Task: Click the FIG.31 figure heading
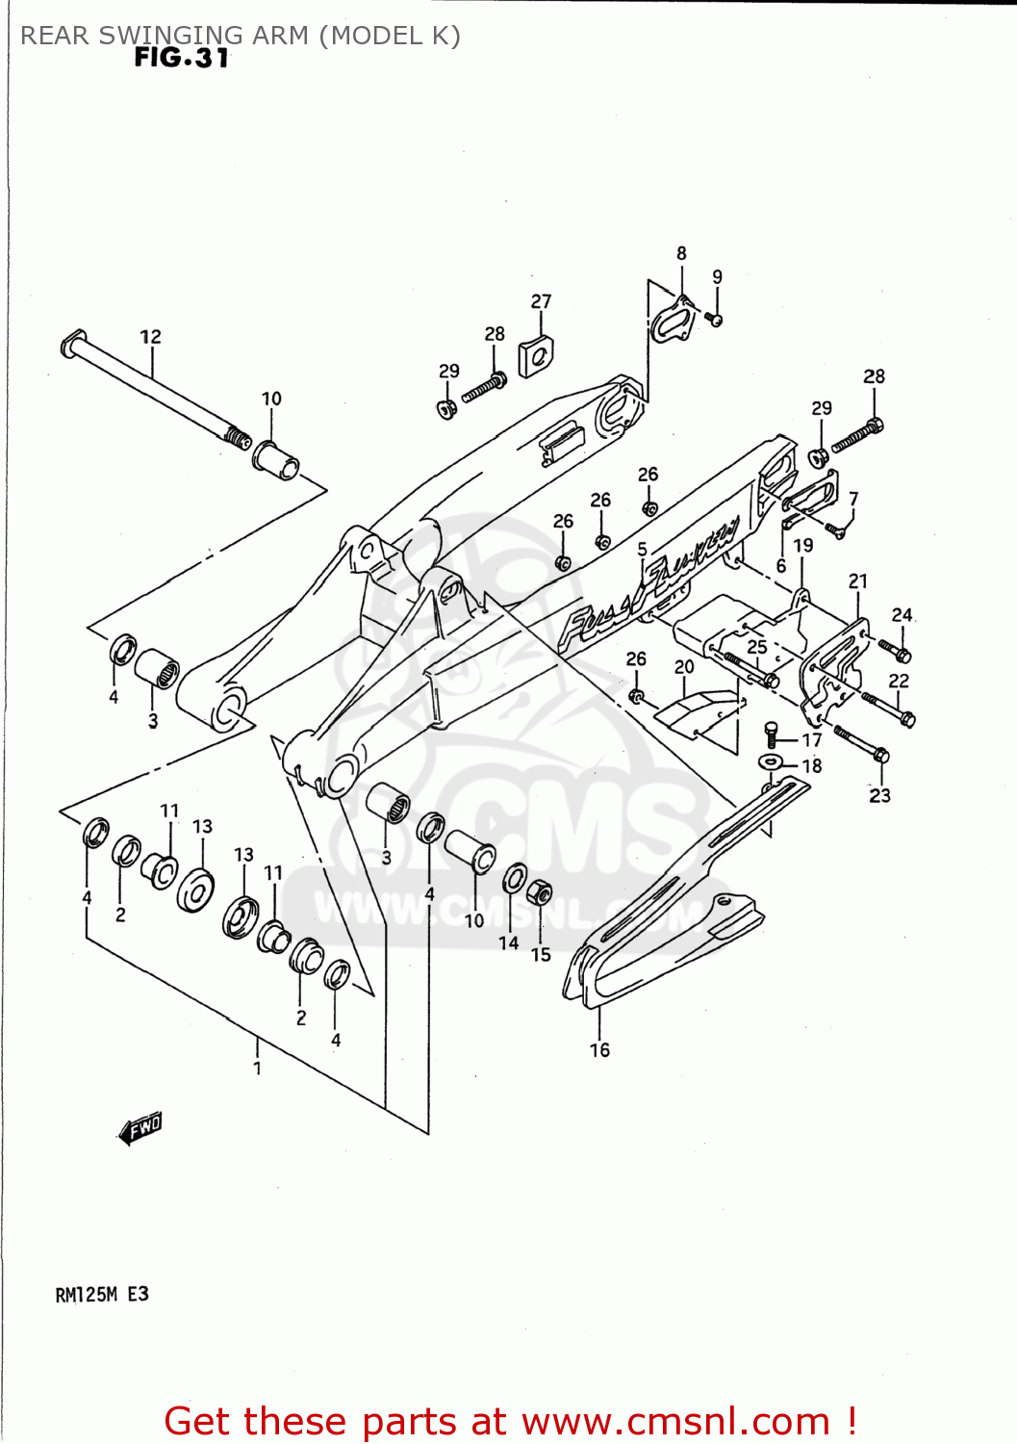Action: click(x=181, y=58)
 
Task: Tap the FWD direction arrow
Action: click(x=140, y=1127)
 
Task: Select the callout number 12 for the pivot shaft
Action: click(x=151, y=337)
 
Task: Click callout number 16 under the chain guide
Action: click(x=599, y=1049)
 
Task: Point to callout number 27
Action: click(x=541, y=301)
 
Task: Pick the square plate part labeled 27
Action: click(x=536, y=357)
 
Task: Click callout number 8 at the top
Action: click(x=681, y=253)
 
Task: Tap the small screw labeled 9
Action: click(x=715, y=319)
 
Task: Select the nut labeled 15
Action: click(x=542, y=894)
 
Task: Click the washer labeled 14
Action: click(x=515, y=878)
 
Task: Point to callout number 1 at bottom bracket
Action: click(x=257, y=1068)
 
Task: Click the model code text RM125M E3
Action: click(x=102, y=1295)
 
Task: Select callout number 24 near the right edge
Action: click(x=902, y=614)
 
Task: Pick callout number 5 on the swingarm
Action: click(x=642, y=549)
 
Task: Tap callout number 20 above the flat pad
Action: click(x=684, y=666)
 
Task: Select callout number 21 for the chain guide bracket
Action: click(x=857, y=580)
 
